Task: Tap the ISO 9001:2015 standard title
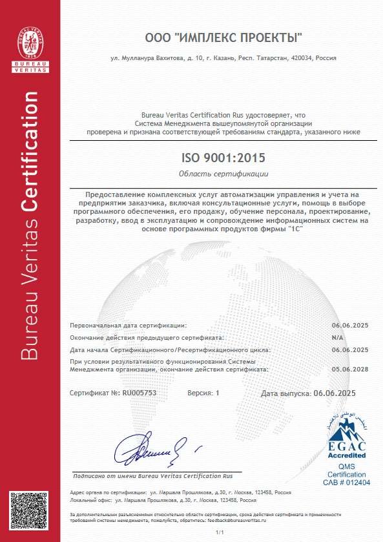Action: [x=223, y=157]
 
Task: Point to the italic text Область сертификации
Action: [x=223, y=174]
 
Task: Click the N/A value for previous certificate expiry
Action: [x=337, y=337]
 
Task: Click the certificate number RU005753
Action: [x=140, y=393]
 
